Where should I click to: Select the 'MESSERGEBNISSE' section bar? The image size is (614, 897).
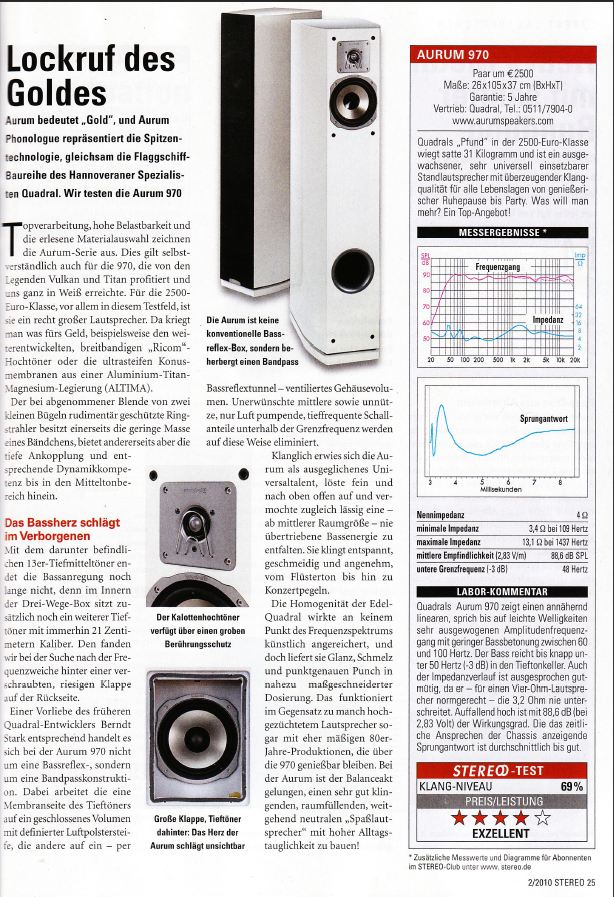[500, 232]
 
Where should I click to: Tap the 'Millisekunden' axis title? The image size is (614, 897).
[500, 491]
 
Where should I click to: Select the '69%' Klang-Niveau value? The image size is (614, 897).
[571, 786]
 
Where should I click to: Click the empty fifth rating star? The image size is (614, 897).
[543, 818]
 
